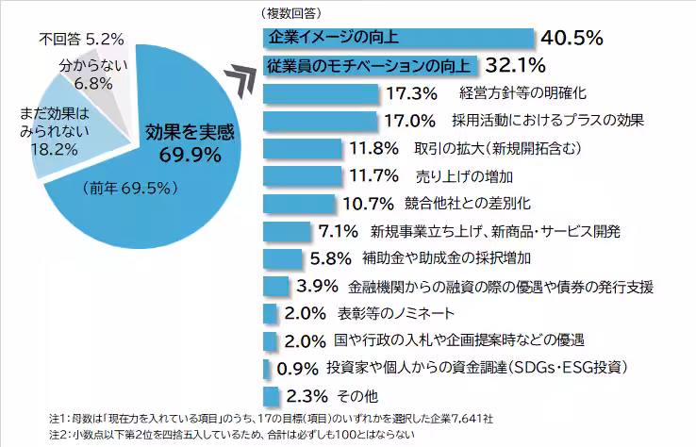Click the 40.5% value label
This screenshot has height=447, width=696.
click(x=571, y=38)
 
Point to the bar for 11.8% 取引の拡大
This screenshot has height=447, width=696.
click(x=301, y=148)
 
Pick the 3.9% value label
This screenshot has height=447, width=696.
click(x=317, y=286)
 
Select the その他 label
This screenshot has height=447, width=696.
click(x=355, y=395)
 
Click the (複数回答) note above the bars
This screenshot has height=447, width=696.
click(x=289, y=13)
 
